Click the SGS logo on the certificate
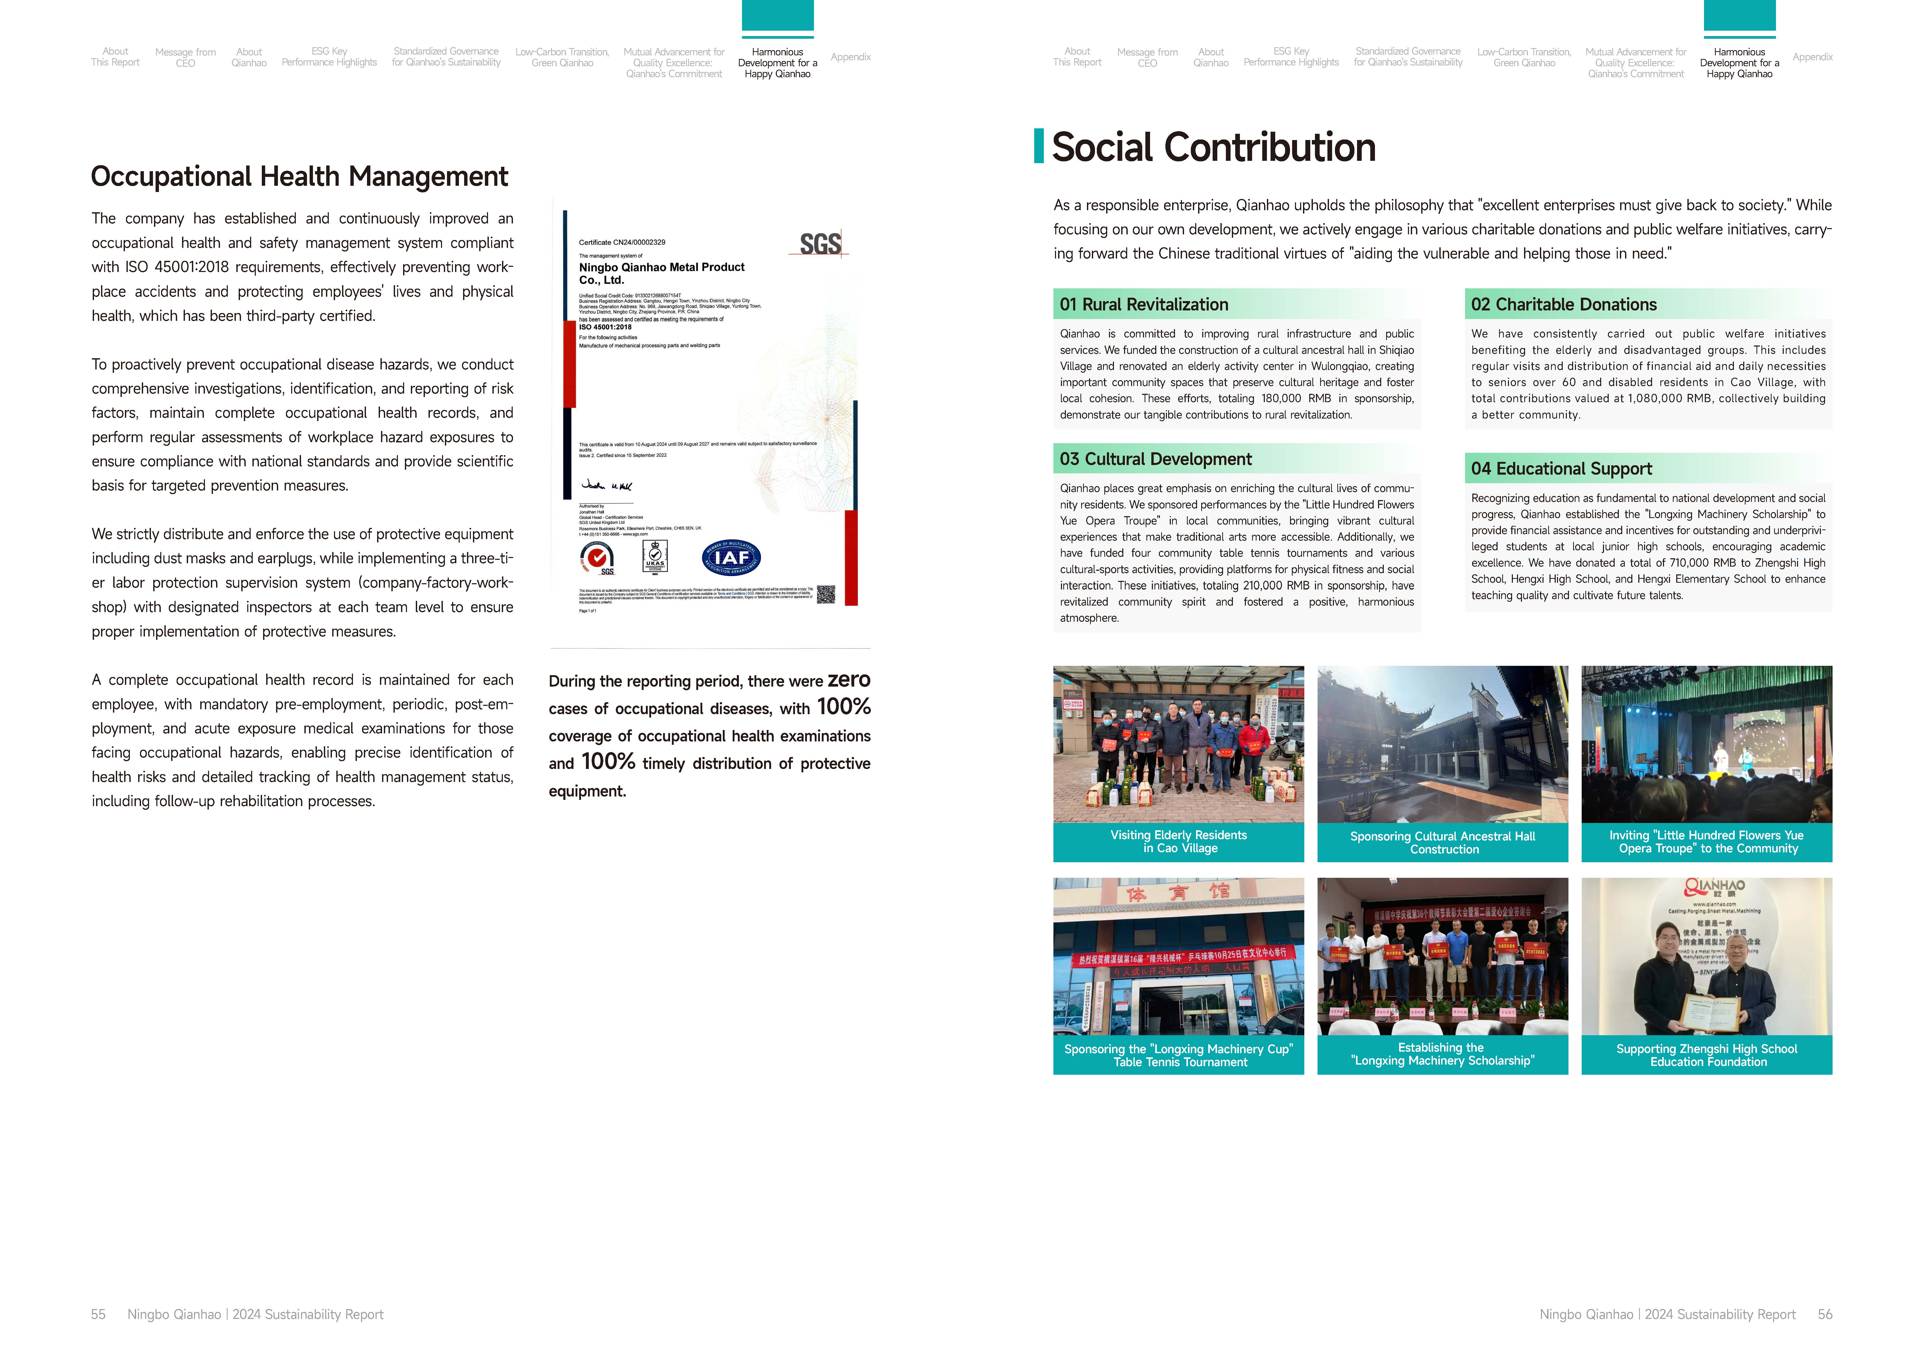pos(819,244)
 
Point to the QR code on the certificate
pos(825,594)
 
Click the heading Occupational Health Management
pos(299,177)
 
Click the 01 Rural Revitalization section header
pos(1144,304)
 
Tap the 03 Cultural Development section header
pos(1155,459)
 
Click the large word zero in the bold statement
pos(849,680)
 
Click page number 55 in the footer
pos(98,1314)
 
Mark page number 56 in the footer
pos(1824,1314)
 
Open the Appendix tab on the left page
pos(851,57)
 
